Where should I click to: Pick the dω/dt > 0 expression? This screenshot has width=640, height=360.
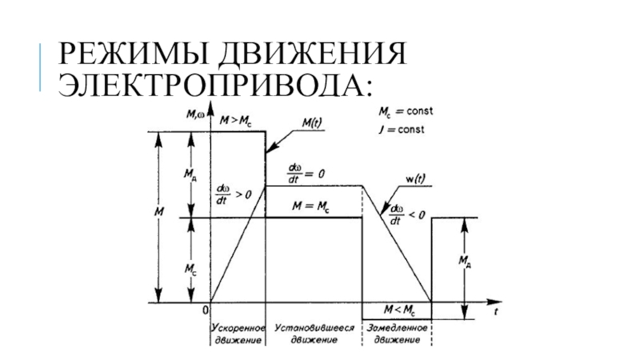pyautogui.click(x=233, y=193)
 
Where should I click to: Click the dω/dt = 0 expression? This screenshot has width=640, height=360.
pyautogui.click(x=306, y=172)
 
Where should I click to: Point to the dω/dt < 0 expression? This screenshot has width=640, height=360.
pyautogui.click(x=406, y=213)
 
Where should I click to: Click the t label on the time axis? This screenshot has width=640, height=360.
pyautogui.click(x=496, y=314)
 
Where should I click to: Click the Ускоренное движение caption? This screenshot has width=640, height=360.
pyautogui.click(x=238, y=334)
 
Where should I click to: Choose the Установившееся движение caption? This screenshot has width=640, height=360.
pyautogui.click(x=313, y=334)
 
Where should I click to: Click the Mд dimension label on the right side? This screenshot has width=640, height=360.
pyautogui.click(x=463, y=262)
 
